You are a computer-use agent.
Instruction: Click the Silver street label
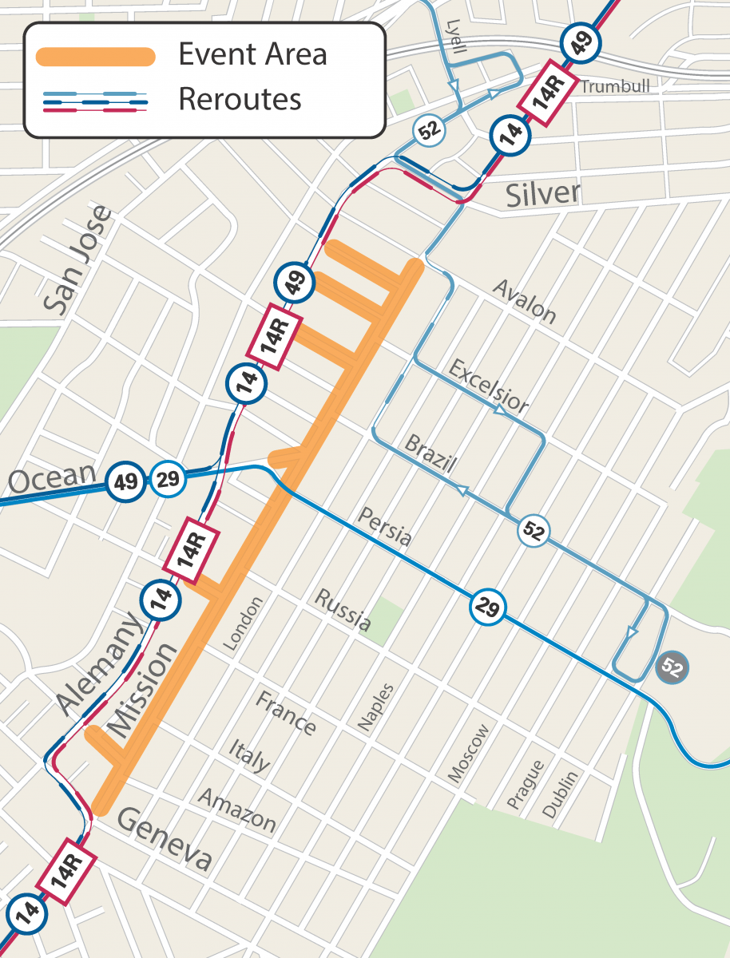point(543,194)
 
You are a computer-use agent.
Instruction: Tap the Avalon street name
point(524,301)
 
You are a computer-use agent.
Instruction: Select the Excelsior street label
point(488,387)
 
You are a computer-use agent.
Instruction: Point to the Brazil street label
point(430,455)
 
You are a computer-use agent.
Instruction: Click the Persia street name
point(385,526)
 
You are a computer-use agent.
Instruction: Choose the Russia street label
point(343,610)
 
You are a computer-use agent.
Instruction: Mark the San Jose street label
point(77,259)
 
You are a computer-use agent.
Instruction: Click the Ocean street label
point(53,480)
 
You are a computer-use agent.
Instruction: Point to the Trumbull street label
point(615,86)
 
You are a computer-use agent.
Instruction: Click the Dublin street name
point(562,794)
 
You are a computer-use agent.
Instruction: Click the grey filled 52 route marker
point(672,667)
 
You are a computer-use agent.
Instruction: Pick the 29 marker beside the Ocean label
point(168,481)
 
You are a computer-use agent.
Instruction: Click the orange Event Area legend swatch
point(95,56)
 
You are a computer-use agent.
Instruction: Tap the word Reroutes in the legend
point(240,99)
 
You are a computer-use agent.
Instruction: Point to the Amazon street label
point(237,810)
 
